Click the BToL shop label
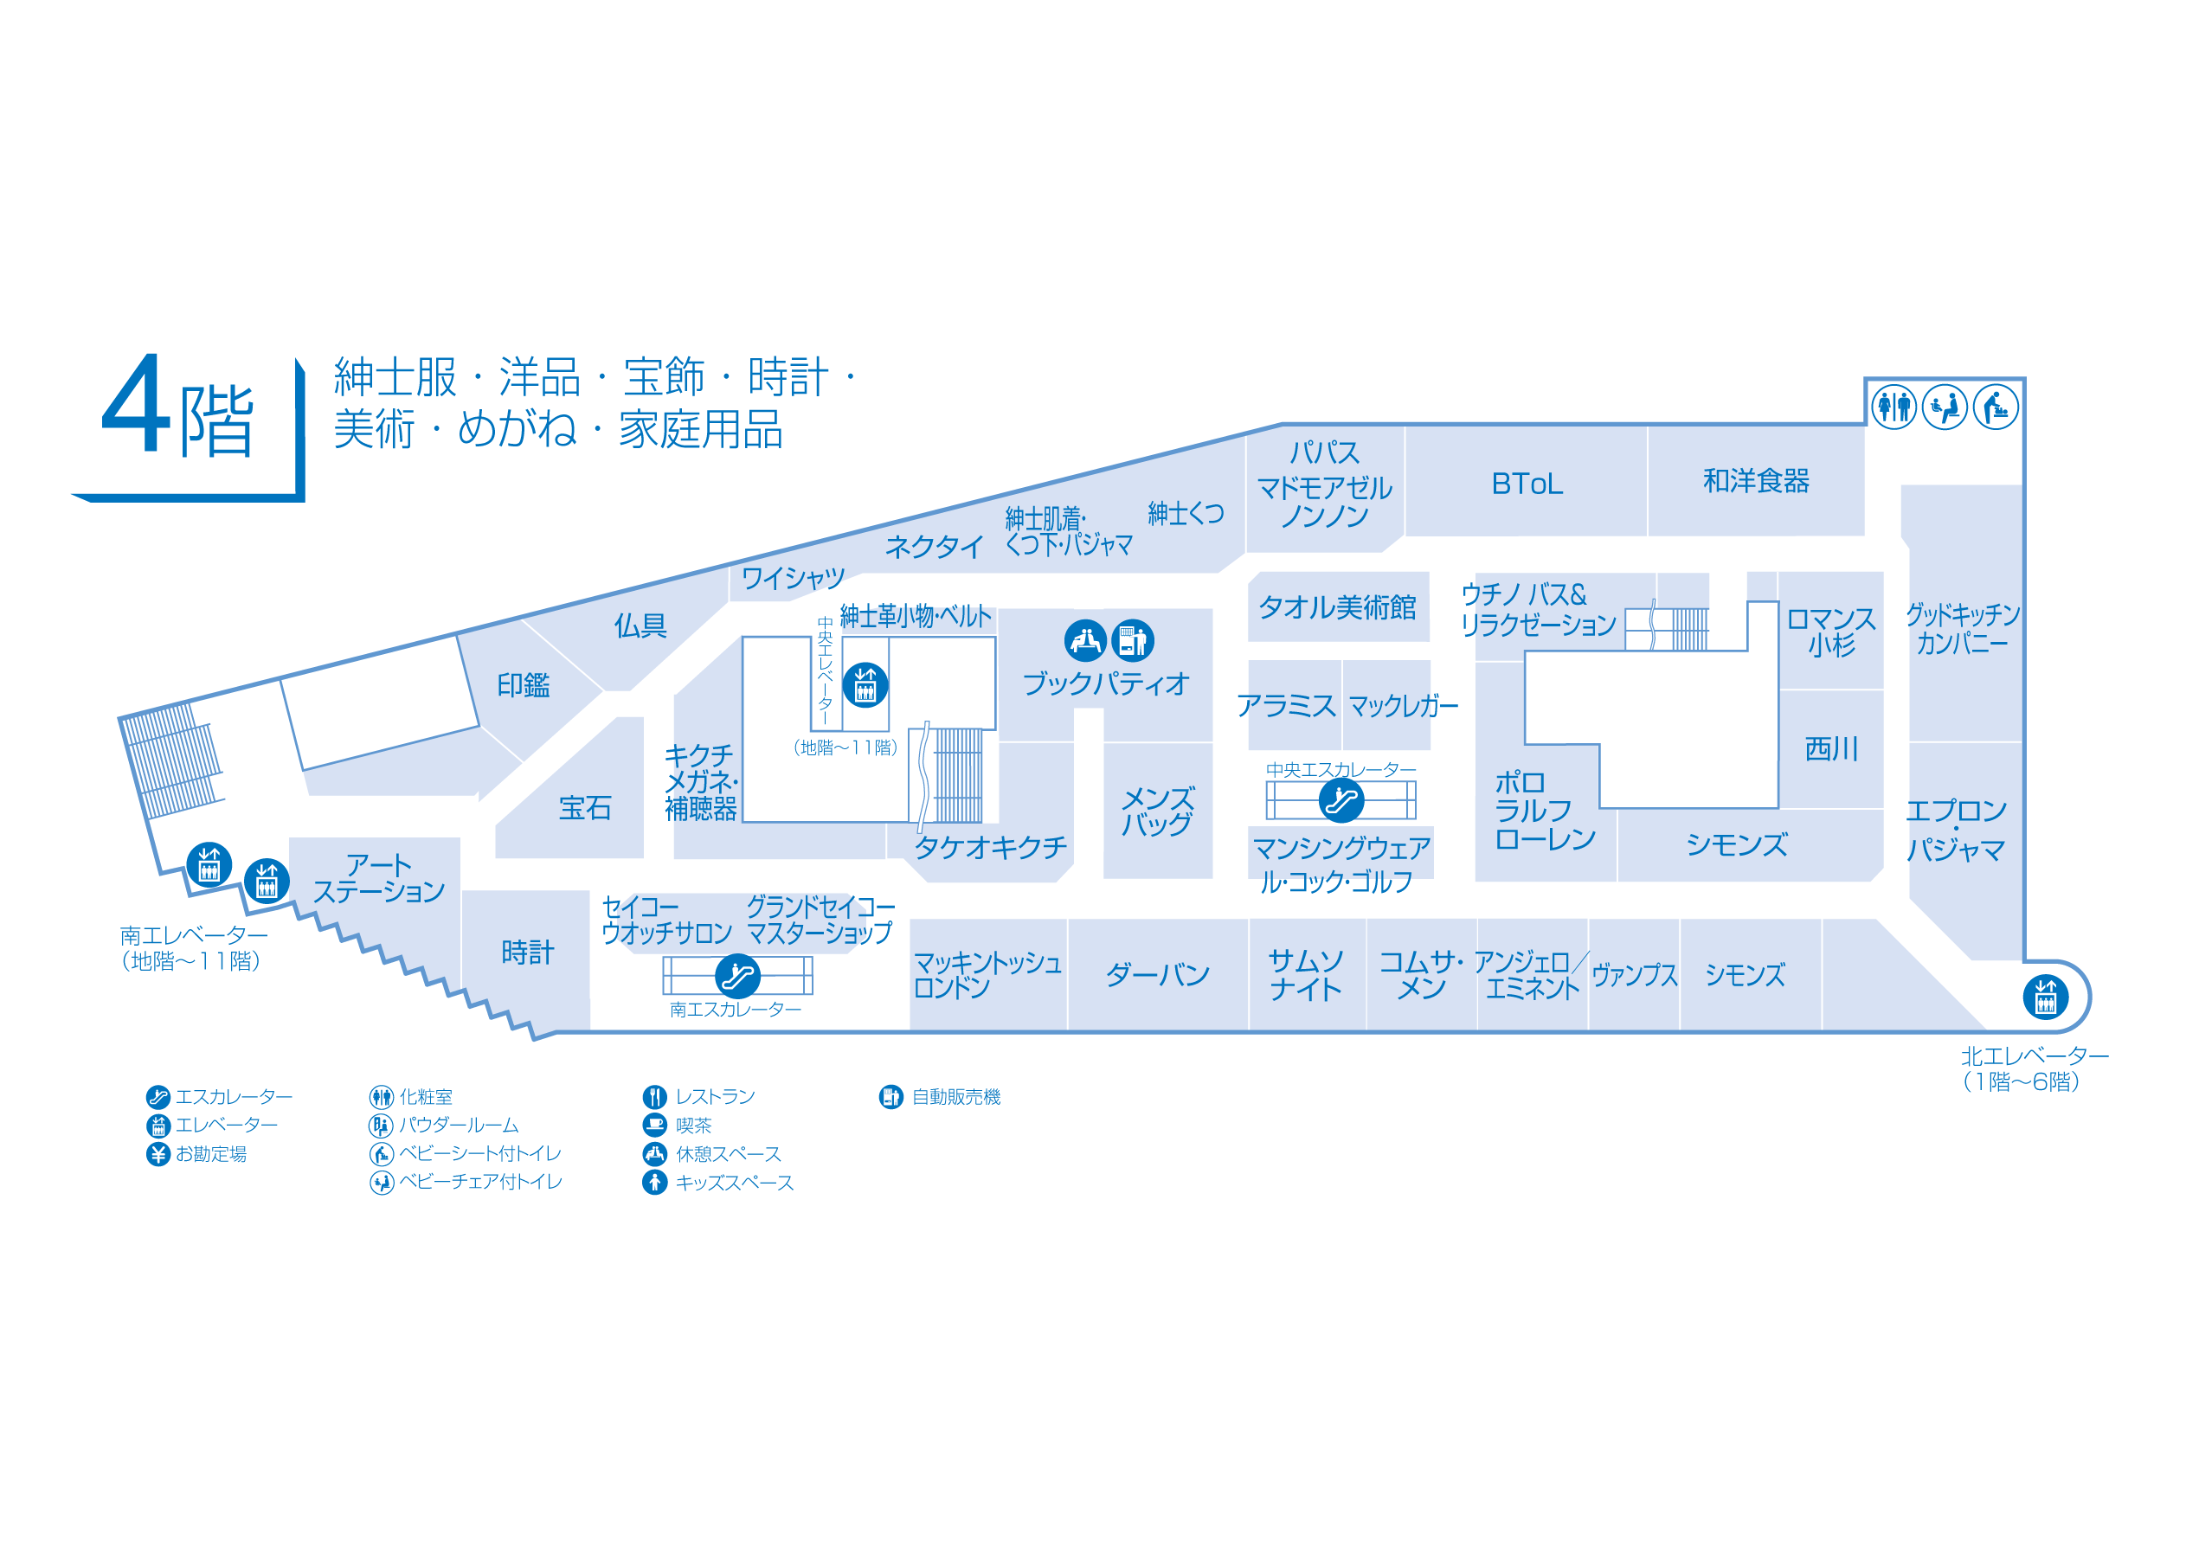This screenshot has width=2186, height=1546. (1527, 484)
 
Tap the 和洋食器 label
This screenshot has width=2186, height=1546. (1756, 482)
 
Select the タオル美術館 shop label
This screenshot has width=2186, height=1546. (1337, 607)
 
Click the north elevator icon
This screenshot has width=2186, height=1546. (2045, 998)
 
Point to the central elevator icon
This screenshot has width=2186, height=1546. (865, 684)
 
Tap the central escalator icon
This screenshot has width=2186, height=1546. (1341, 800)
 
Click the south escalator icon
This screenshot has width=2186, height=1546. (737, 976)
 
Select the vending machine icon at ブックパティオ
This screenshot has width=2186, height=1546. (1132, 641)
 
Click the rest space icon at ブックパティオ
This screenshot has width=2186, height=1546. (1085, 641)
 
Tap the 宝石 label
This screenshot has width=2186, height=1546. (585, 808)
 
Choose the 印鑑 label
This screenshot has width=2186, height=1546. (524, 685)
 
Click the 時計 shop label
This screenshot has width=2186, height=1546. (527, 952)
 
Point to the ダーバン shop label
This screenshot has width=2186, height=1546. (1158, 975)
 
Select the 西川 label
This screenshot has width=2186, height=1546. (1831, 749)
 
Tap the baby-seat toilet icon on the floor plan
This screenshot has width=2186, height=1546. (1996, 407)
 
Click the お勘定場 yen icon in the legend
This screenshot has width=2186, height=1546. (158, 1154)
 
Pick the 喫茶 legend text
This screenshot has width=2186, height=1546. (693, 1126)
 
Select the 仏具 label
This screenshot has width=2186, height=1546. (640, 626)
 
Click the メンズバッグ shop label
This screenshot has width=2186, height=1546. (1157, 811)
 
